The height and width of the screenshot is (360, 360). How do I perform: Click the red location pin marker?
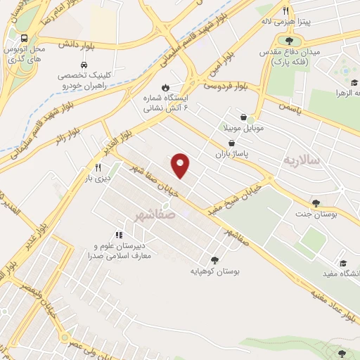181,165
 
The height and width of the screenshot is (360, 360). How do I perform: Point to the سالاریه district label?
301,160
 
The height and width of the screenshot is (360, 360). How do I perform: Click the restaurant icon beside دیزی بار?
98,168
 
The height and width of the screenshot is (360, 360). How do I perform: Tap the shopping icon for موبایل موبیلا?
243,117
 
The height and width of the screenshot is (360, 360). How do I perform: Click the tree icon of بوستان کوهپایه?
214,259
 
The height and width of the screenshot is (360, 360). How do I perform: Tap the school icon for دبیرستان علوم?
119,235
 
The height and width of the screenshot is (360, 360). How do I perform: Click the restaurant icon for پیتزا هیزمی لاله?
285,11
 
